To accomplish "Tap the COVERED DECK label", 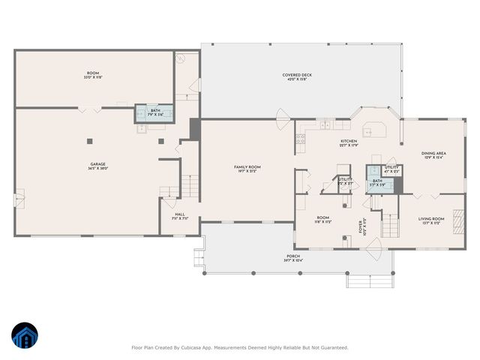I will point(297,75).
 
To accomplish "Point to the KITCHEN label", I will point(349,141).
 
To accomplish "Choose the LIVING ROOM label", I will point(431,218).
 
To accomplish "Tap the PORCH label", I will point(292,256).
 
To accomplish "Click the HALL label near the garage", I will point(180,214).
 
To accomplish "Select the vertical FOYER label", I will point(364,226).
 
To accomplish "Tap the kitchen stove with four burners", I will point(300,138).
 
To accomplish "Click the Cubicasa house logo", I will point(25,337).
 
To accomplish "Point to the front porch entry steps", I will point(368,280).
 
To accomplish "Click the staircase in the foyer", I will point(390,222).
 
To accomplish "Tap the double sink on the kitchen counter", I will point(325,124).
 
